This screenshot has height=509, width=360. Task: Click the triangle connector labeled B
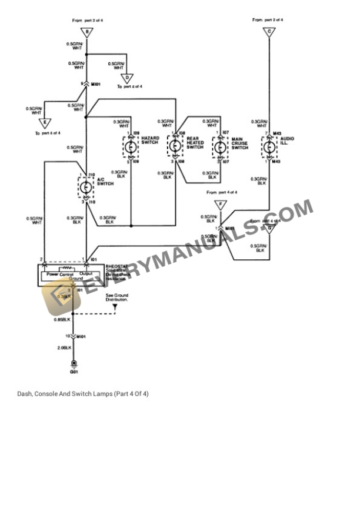86,33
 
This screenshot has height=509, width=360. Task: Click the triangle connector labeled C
269,33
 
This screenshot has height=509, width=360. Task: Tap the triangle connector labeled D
129,77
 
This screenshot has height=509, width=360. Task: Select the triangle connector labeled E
43,122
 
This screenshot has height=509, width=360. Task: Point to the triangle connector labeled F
221,205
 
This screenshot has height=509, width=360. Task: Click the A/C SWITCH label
105,182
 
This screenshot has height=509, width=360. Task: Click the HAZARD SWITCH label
149,140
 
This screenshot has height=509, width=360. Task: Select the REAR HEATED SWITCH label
195,143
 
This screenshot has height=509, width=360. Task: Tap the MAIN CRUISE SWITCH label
239,143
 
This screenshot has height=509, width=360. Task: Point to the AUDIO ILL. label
287,140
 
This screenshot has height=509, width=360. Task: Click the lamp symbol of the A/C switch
86,187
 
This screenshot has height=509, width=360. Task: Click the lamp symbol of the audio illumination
269,146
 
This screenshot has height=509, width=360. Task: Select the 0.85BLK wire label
62,319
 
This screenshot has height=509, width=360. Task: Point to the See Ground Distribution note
117,297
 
